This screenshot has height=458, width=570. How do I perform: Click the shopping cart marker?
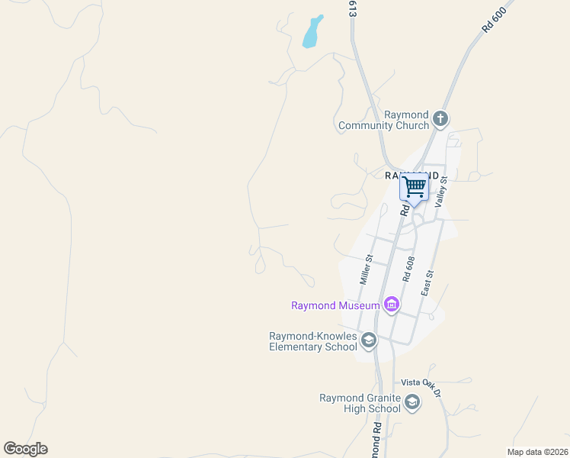pos(415,186)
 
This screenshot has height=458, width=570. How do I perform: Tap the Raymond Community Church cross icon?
pos(440,118)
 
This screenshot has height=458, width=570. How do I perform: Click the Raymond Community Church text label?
pos(384,121)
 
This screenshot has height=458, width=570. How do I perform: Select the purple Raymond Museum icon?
pos(392,305)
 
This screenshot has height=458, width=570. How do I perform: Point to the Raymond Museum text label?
pos(335,306)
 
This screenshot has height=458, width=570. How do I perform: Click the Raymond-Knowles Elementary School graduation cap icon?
pos(369,340)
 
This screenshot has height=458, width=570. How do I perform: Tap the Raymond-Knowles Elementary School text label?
pos(313,341)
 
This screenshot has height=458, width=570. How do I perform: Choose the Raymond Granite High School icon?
pos(412,402)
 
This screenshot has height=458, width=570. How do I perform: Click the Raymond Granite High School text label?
pos(360,403)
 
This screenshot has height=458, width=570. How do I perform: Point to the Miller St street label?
pos(367,269)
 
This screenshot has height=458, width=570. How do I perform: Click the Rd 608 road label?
pos(408,270)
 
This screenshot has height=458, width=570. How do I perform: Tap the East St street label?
pos(427,283)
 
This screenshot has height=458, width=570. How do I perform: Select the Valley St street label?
pos(440,192)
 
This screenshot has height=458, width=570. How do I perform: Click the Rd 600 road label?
pos(494,19)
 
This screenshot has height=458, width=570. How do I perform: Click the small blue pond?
pos(312,32)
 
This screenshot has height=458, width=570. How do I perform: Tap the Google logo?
pos(25,449)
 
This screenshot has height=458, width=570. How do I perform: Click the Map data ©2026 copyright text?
pos(537,452)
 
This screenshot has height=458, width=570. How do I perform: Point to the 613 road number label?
pos(353,9)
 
